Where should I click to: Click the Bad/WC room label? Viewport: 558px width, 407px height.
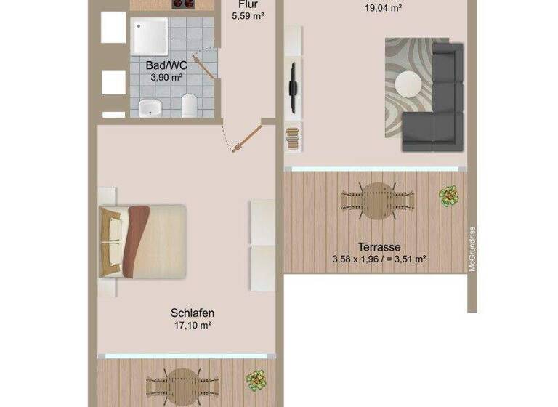click(x=163, y=64)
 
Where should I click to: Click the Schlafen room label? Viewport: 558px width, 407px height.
click(x=193, y=313)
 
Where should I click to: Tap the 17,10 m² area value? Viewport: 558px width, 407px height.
click(x=193, y=326)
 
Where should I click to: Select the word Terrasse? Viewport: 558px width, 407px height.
click(x=379, y=247)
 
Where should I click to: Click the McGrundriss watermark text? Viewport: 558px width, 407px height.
click(x=472, y=249)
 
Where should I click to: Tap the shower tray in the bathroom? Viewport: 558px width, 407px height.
click(x=150, y=37)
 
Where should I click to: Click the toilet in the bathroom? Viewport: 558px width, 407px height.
click(x=189, y=105)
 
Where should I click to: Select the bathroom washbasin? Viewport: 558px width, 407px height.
click(x=150, y=108)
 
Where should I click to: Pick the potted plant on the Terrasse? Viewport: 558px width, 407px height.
click(x=449, y=195)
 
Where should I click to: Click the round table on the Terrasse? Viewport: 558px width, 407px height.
click(x=378, y=197)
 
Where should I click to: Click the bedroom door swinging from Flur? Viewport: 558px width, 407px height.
click(x=248, y=138)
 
